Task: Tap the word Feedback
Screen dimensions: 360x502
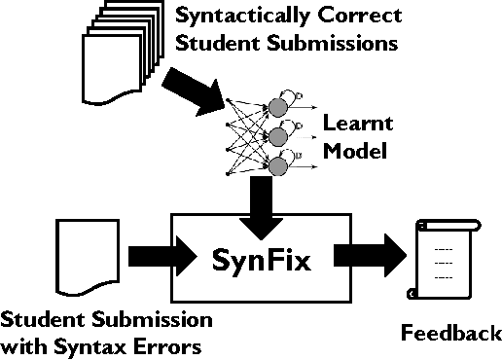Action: point(451,336)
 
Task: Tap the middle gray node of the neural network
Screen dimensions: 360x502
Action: point(278,135)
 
